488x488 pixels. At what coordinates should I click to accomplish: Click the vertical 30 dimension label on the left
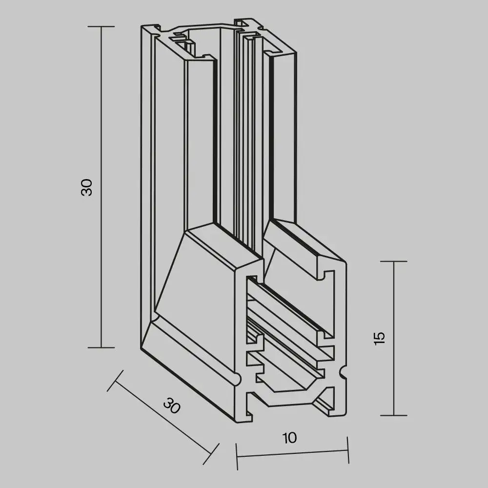[x=87, y=187]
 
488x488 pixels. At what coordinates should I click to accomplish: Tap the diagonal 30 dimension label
[x=171, y=406]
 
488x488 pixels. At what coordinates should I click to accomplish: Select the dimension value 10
[x=290, y=438]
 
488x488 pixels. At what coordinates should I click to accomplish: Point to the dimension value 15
[x=381, y=338]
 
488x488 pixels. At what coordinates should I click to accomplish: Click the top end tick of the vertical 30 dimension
[x=101, y=26]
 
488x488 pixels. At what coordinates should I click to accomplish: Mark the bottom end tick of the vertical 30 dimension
[x=101, y=347]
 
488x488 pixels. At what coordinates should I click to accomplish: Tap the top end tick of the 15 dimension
[x=393, y=262]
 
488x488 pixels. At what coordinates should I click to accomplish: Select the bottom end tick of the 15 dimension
[x=393, y=415]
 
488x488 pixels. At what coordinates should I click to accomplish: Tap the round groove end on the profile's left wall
[x=237, y=379]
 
